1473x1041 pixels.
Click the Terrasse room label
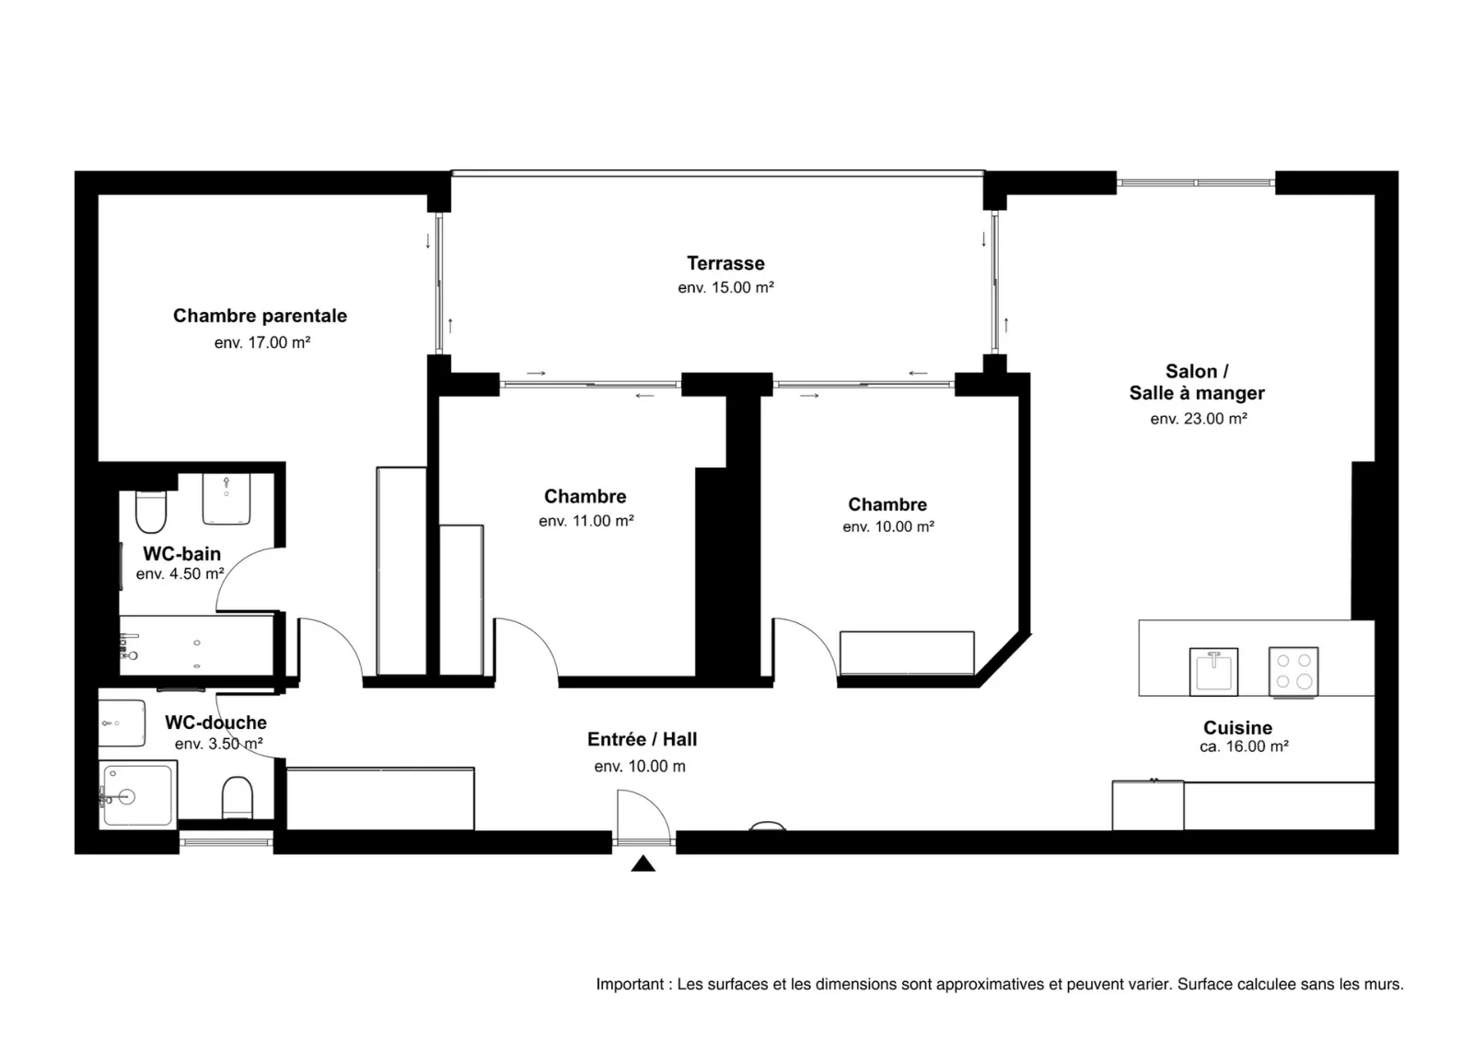(x=725, y=263)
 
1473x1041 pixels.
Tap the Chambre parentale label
(x=260, y=316)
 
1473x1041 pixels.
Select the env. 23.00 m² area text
(x=1198, y=418)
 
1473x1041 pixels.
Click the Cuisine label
(x=1237, y=727)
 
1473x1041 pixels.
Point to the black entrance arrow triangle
(x=644, y=863)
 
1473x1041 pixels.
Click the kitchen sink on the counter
(x=1213, y=671)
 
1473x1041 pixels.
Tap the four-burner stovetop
(x=1293, y=671)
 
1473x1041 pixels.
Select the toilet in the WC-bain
(x=151, y=512)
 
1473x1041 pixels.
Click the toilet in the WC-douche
(x=237, y=797)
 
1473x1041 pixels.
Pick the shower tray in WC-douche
(x=137, y=794)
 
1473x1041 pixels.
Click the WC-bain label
(x=181, y=554)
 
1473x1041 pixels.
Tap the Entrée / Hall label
(x=642, y=739)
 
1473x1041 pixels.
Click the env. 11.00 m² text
(x=586, y=521)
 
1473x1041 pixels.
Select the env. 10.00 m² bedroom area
(x=887, y=526)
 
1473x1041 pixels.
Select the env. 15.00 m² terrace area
(x=725, y=287)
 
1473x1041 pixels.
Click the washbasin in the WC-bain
(x=226, y=499)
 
